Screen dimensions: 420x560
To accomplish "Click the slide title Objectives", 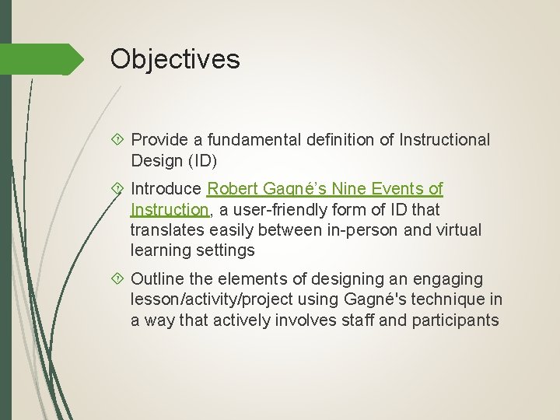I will pos(175,58).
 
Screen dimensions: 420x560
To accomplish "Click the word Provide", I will pos(159,140).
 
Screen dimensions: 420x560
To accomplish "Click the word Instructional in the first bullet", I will pos(445,140).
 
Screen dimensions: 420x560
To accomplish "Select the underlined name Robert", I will pos(233,189).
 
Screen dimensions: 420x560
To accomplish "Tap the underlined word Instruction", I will pos(168,210).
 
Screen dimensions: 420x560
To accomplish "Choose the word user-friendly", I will pos(268,210).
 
